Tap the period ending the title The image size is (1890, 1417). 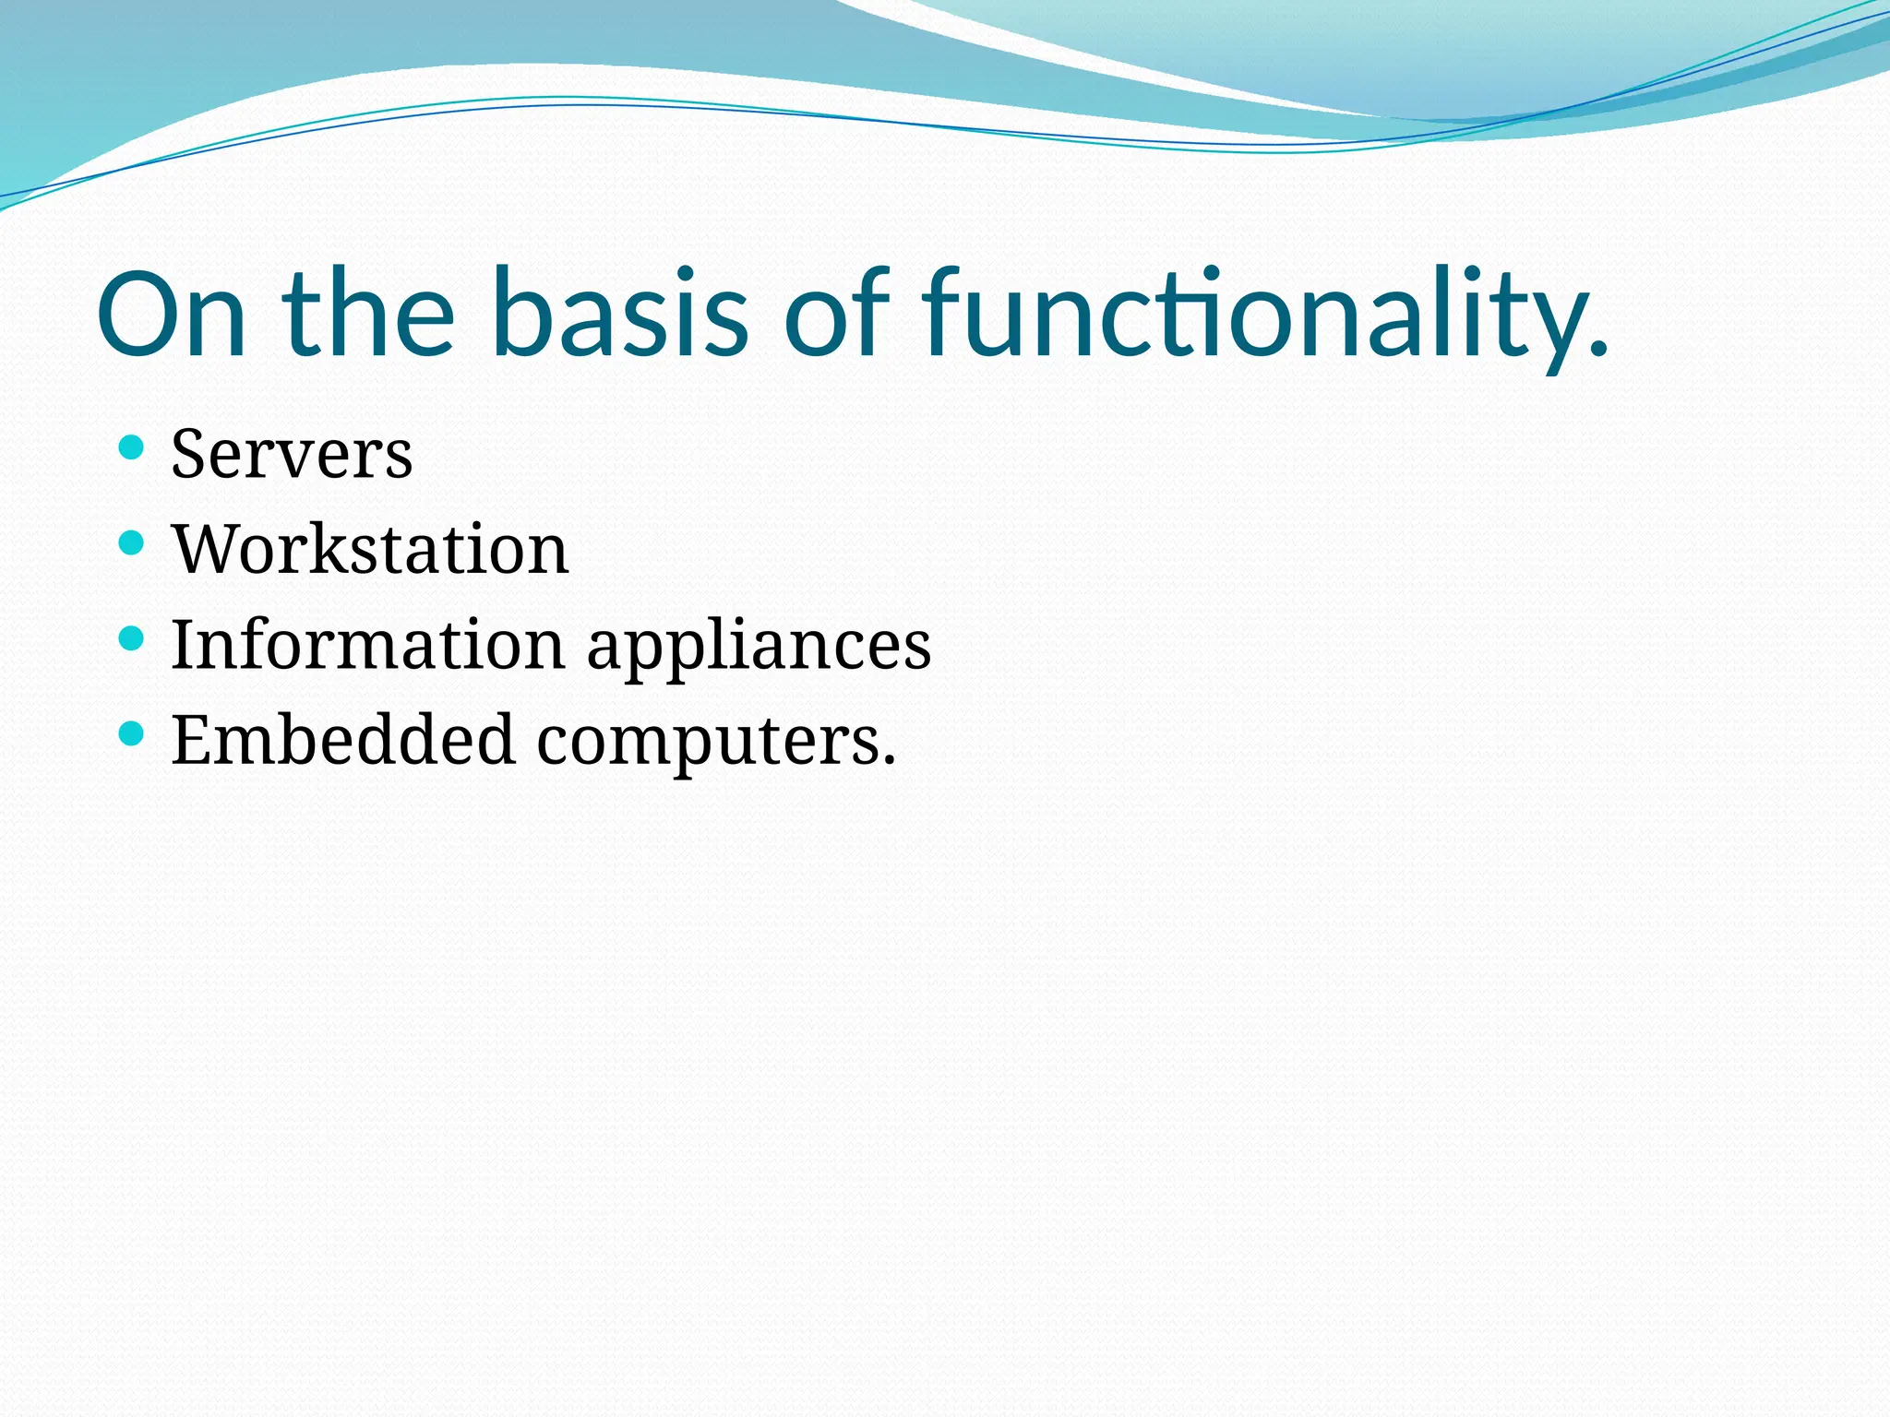point(1599,349)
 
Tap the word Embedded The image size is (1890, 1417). point(342,740)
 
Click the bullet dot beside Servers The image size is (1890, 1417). point(132,449)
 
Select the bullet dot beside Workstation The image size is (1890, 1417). point(132,543)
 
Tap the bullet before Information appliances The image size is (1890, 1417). point(132,638)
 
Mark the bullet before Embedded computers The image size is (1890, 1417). point(132,733)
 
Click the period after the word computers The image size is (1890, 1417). point(889,762)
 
